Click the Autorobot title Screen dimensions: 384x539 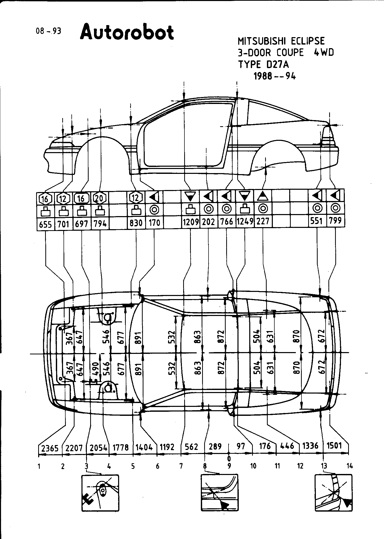[127, 33]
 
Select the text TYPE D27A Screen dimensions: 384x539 [263, 64]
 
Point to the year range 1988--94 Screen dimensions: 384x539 [274, 76]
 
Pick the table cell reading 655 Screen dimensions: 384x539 [45, 224]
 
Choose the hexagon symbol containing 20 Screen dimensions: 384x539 [100, 198]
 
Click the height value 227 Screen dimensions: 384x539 [263, 221]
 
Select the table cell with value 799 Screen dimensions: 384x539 [335, 220]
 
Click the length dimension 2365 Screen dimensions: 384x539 [50, 448]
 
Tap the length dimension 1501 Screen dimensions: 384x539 [335, 446]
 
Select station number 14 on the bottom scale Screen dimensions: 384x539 [349, 466]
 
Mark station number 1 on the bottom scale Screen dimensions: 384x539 [39, 467]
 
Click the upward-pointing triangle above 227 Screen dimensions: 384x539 [263, 197]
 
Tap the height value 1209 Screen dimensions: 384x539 [191, 221]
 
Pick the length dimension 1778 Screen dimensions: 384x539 [120, 447]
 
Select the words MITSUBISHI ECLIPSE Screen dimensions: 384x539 [281, 41]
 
